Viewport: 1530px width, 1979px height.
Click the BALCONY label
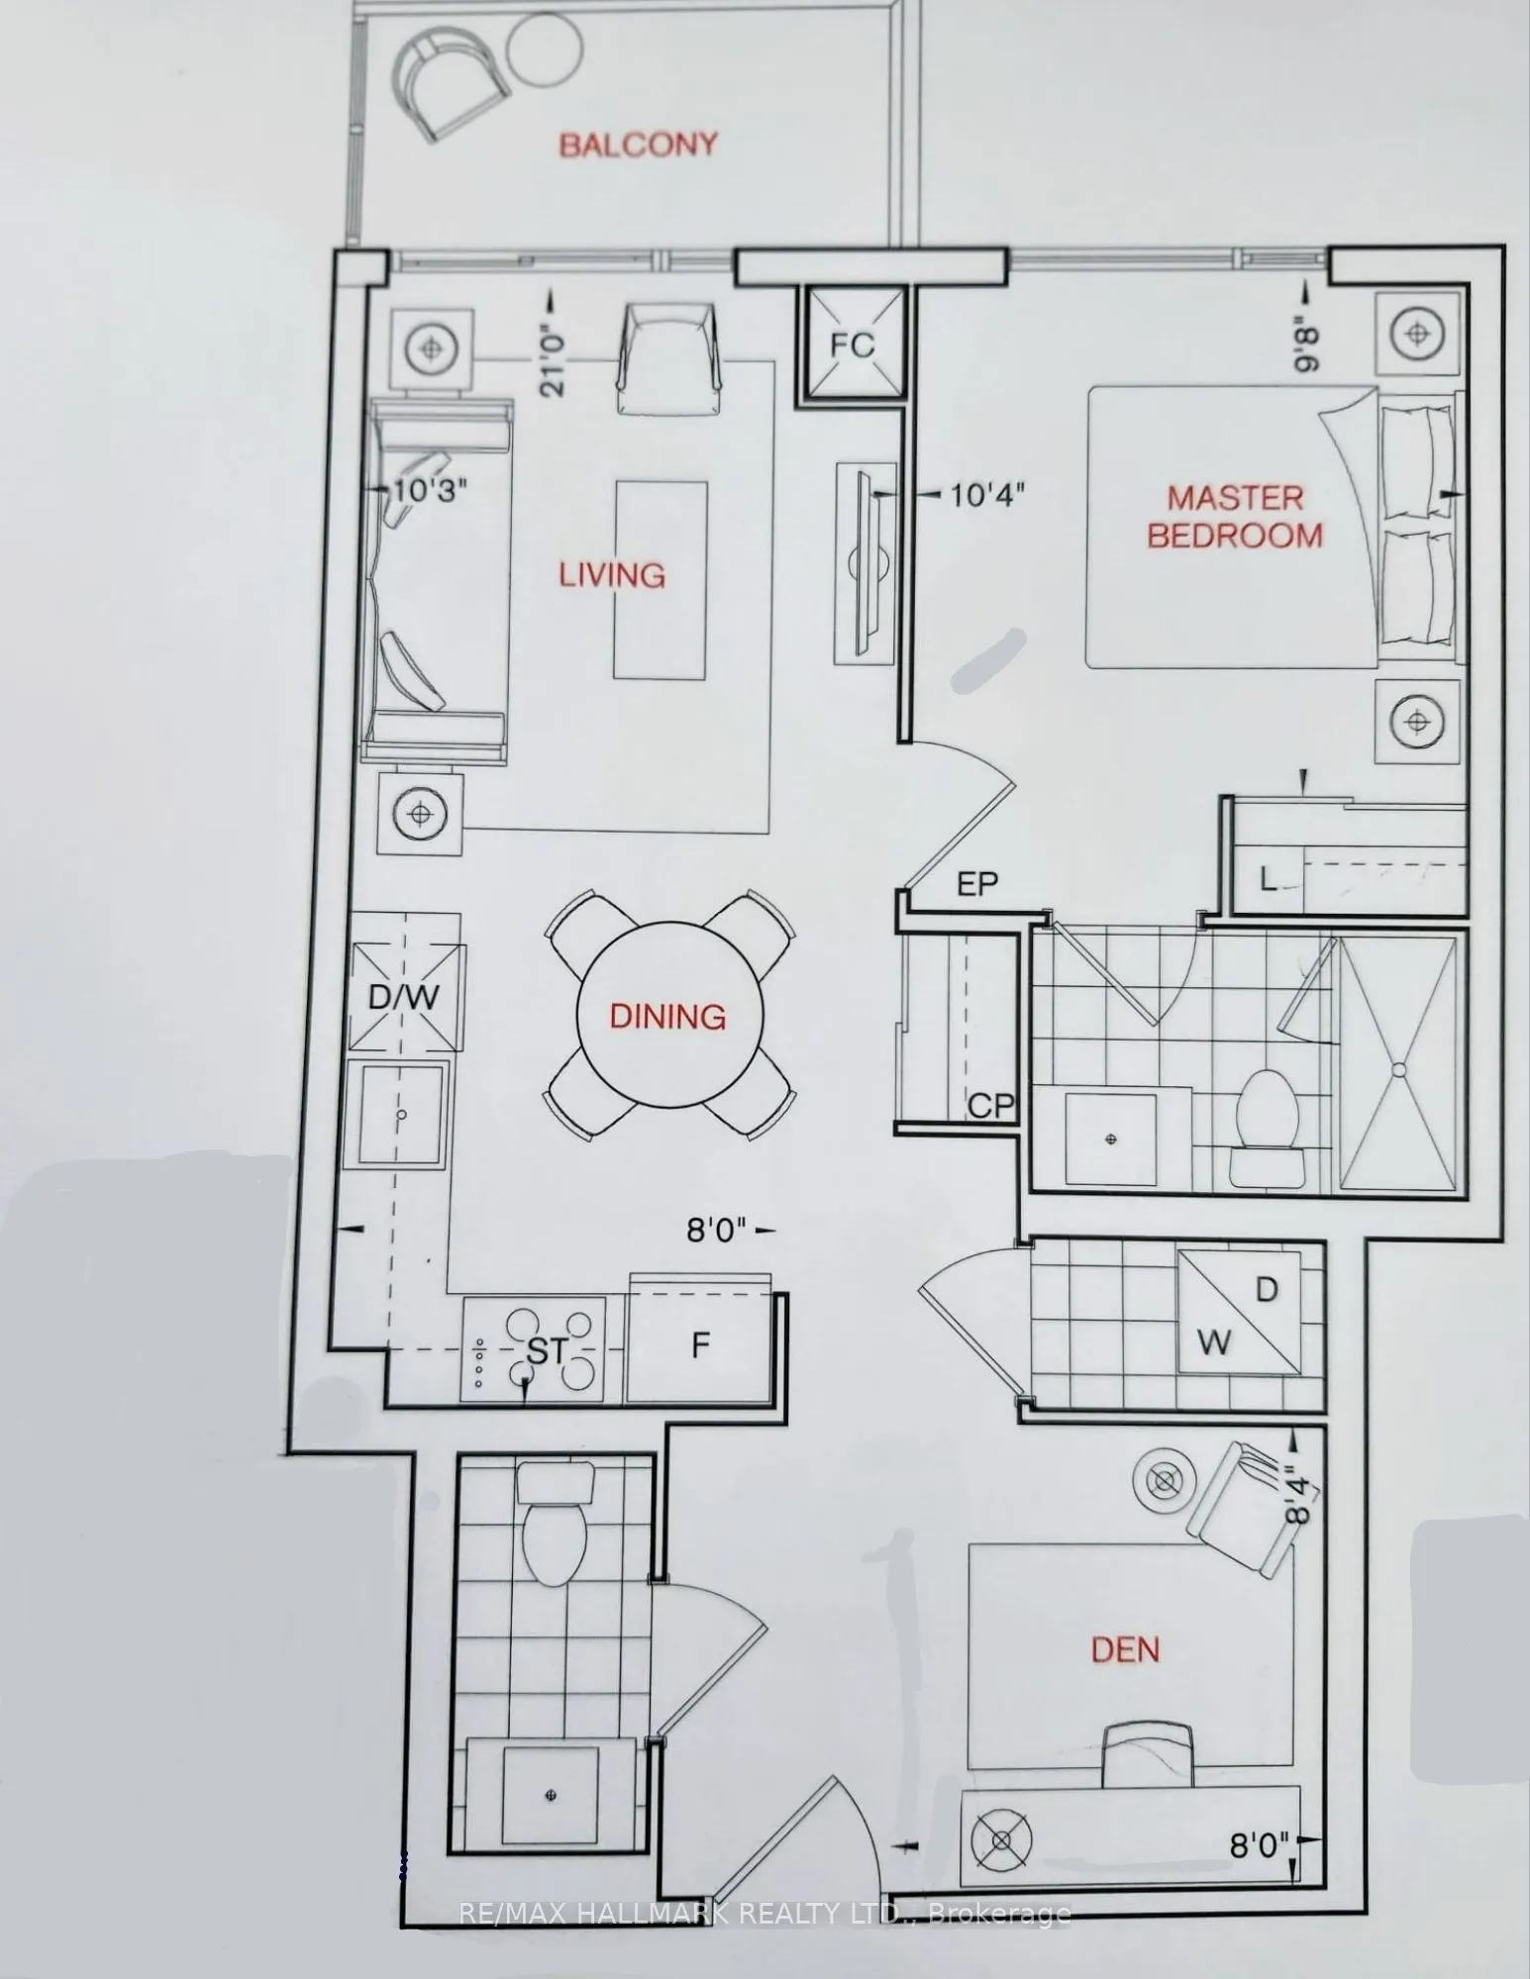tap(638, 145)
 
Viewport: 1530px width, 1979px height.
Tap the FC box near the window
tap(853, 344)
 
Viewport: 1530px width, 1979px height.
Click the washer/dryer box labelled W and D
tap(1238, 1311)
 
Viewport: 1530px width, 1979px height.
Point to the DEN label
tap(1125, 1648)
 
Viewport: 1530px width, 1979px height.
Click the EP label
tap(977, 883)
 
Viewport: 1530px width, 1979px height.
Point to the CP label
tap(991, 1104)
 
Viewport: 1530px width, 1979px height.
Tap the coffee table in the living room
tap(662, 579)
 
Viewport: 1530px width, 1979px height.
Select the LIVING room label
tap(612, 575)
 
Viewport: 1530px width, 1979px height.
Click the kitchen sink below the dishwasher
tap(401, 1114)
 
